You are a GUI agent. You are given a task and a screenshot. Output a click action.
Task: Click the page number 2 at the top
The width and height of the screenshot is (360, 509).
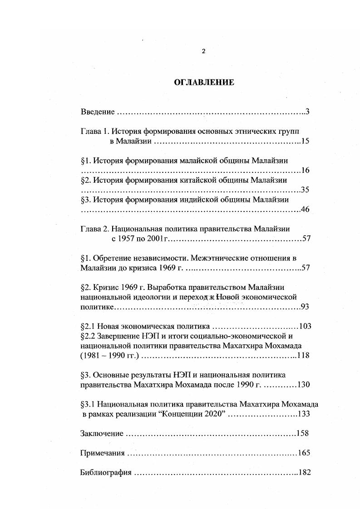click(x=203, y=51)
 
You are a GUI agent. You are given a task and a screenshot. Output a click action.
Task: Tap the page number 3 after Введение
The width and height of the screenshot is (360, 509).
click(x=307, y=112)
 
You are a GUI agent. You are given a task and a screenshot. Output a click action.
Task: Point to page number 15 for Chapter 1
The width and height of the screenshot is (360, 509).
click(x=305, y=142)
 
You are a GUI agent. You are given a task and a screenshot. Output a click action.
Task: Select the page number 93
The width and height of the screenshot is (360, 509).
click(x=305, y=307)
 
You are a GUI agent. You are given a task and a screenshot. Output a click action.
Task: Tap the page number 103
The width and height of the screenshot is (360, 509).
click(x=304, y=326)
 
